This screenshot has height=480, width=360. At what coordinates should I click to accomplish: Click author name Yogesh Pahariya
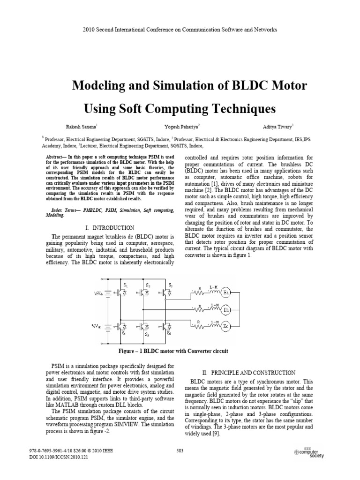(x=181, y=126)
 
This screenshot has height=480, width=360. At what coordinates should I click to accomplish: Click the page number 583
(x=180, y=451)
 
